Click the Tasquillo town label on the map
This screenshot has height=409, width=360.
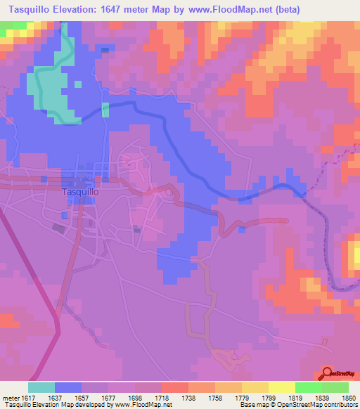(x=80, y=191)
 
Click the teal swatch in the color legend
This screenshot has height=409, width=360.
(x=41, y=387)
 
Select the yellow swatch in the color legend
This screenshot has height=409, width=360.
(x=281, y=387)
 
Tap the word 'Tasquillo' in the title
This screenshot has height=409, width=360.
(x=34, y=10)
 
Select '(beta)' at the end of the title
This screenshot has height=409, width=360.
(x=288, y=10)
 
